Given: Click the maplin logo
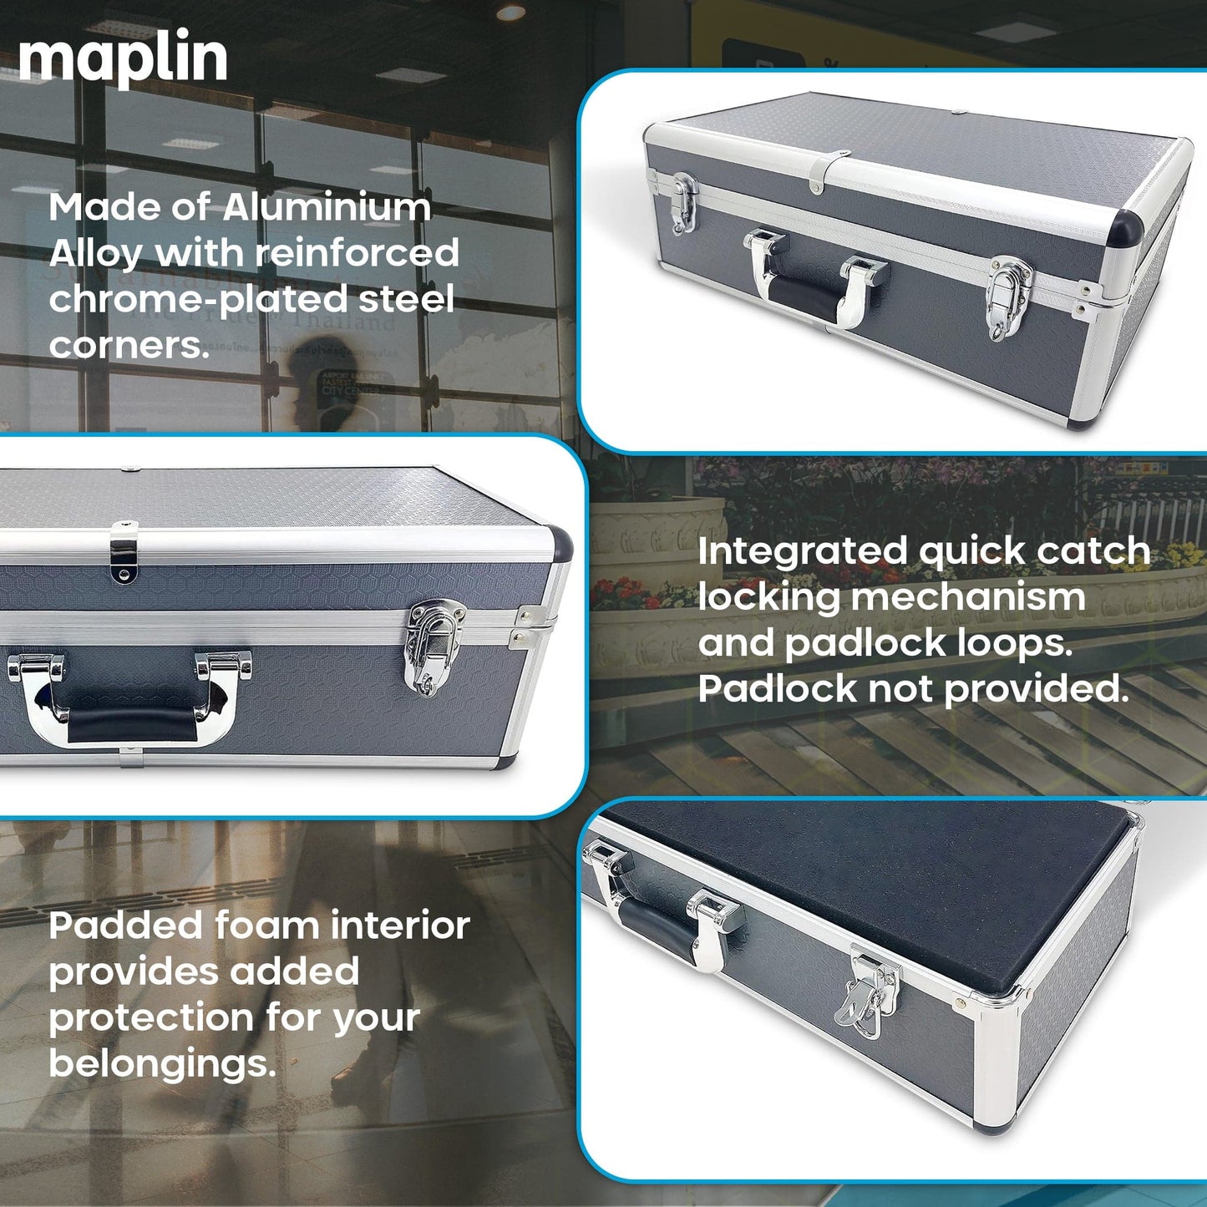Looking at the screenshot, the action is (123, 58).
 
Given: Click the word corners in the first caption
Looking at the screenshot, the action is (129, 344).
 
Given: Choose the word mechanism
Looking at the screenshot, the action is (968, 597).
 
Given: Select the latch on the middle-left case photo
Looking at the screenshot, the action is (434, 647).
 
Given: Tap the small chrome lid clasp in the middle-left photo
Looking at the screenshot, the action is (124, 552).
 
